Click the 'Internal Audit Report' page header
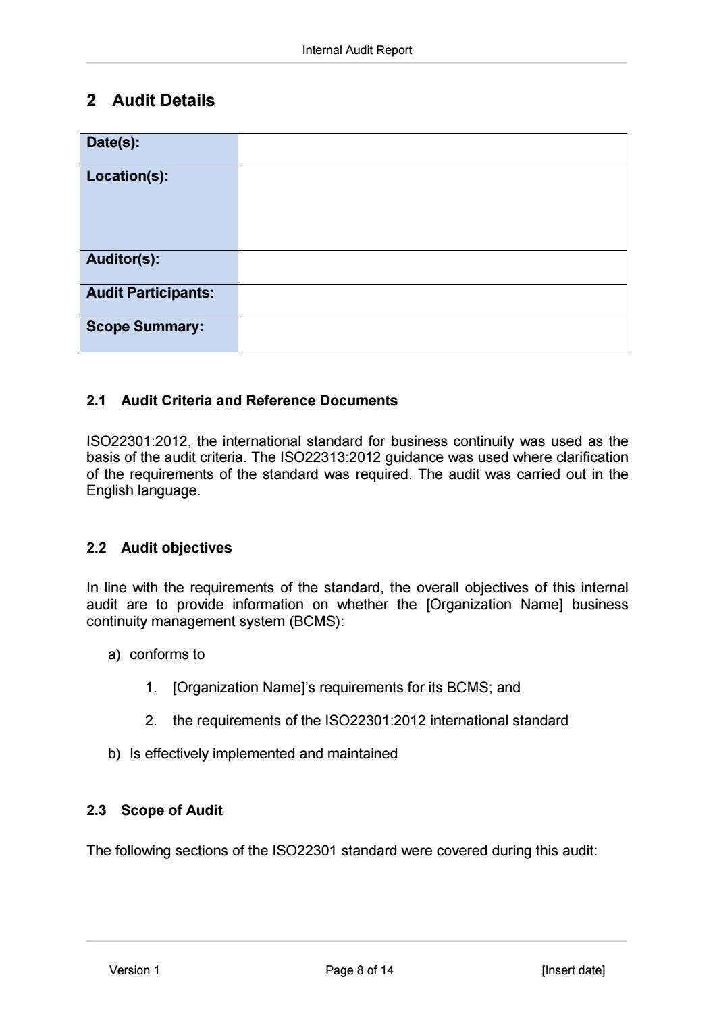coord(356,50)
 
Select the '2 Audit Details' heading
coord(151,100)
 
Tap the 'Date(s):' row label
coord(113,142)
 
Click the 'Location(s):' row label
coord(127,176)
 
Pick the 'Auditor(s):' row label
coord(123,259)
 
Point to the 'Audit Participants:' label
coord(150,293)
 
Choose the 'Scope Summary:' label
coord(144,327)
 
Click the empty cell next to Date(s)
coord(432,150)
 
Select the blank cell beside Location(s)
coord(432,208)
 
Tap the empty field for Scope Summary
coord(432,335)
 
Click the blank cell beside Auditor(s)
coord(432,267)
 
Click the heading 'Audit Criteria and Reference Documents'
coord(259,401)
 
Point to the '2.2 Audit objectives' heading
coord(159,548)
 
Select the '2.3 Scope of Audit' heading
coord(155,810)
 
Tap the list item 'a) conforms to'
coord(157,654)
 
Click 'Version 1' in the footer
coord(134,970)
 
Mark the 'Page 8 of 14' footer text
coord(359,970)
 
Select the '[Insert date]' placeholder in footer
coord(573,970)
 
